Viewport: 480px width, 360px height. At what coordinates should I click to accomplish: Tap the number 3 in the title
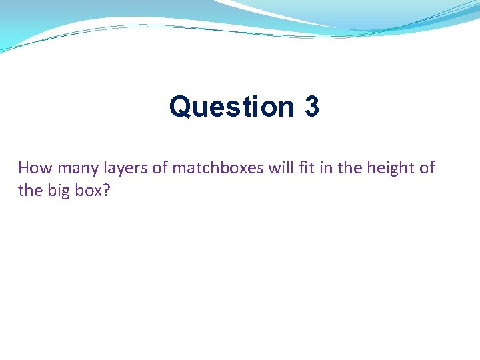click(x=311, y=107)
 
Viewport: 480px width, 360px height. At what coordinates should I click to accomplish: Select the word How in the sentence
click(x=33, y=168)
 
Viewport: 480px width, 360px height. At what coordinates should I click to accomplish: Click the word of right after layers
click(x=160, y=168)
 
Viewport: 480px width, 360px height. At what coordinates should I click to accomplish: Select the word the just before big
click(x=30, y=190)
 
